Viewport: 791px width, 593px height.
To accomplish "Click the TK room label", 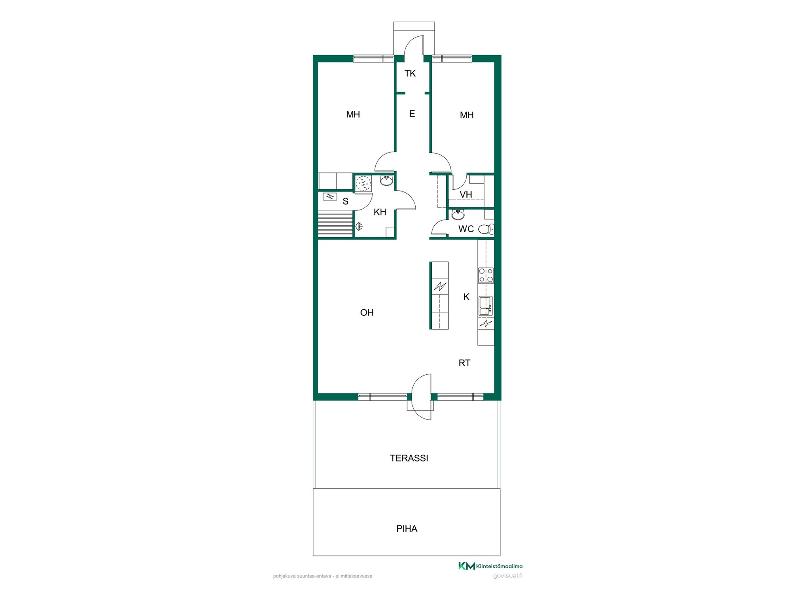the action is [410, 73].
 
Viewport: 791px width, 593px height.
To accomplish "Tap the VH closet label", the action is [466, 194].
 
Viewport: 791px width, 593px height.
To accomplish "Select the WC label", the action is [466, 229].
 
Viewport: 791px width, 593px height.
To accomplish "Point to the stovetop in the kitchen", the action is [486, 275].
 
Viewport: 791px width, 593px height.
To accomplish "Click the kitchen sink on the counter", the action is [485, 306].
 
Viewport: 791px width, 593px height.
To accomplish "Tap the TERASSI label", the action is [409, 458].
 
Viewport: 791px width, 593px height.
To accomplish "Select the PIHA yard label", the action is [407, 529].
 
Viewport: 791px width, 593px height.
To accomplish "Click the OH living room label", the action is [367, 313].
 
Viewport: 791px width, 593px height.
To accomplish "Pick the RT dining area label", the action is [464, 363].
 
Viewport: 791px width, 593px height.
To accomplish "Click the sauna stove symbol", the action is [330, 196].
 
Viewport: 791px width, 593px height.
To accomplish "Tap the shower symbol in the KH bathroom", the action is [359, 226].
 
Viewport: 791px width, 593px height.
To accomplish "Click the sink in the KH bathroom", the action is [386, 181].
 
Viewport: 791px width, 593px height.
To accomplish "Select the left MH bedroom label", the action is [353, 114].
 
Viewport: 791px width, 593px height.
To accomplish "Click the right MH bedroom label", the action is [466, 115].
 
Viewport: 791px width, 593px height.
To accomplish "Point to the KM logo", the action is [467, 566].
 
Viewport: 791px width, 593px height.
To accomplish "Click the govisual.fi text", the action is [508, 576].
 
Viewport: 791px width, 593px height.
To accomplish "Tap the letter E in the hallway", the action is [412, 114].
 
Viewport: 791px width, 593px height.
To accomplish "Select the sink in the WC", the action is [458, 215].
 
